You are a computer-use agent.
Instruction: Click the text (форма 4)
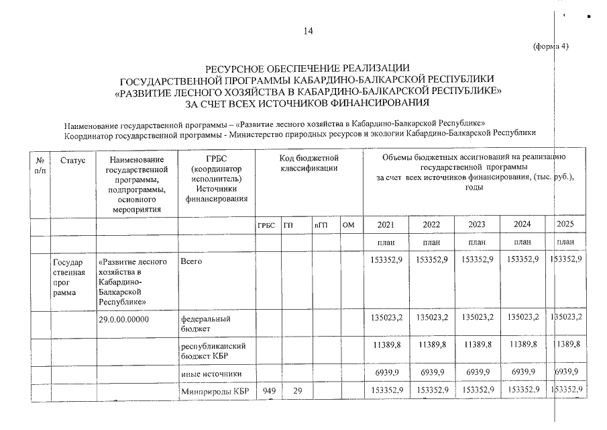coord(550,46)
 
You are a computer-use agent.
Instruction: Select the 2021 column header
coord(386,224)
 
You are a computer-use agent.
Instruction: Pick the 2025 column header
coord(565,224)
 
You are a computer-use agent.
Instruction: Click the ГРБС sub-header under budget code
coord(266,225)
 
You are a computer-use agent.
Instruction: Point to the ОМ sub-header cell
coord(348,225)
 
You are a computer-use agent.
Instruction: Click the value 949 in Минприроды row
coord(269,390)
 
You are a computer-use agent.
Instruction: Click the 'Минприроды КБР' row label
coord(213,390)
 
